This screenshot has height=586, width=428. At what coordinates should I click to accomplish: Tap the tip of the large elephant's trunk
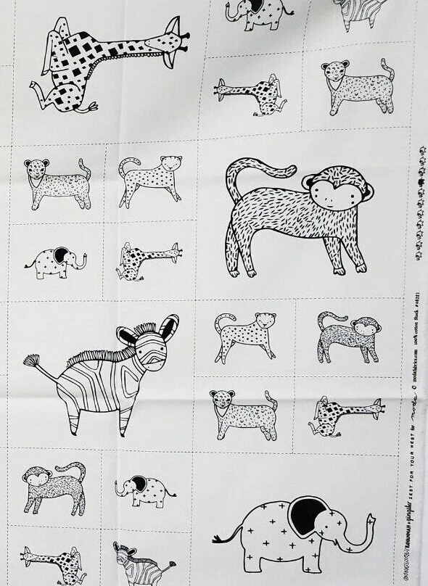tap(371, 519)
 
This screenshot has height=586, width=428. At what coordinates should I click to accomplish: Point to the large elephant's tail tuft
tap(217, 540)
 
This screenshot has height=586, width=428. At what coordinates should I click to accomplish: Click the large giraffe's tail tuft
tap(92, 107)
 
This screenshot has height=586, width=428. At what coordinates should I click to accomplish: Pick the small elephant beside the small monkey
tap(146, 490)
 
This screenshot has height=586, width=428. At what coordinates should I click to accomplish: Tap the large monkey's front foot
tap(339, 270)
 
